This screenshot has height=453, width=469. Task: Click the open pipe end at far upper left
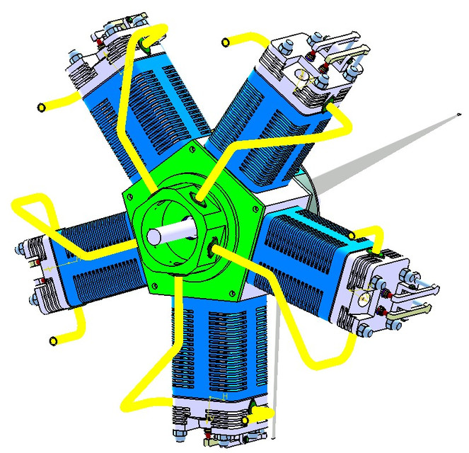[x=41, y=108]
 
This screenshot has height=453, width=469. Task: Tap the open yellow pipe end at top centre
[x=225, y=42]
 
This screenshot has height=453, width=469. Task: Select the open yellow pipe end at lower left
[x=53, y=341]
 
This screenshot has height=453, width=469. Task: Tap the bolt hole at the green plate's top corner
[x=193, y=149]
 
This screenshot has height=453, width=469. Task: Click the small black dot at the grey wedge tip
[x=458, y=115]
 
